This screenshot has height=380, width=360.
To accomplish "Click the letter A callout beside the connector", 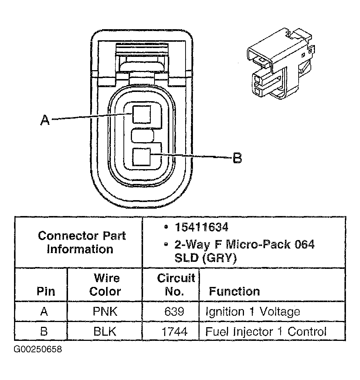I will pos(45,120).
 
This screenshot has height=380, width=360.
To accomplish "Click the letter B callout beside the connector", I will pos(237,158).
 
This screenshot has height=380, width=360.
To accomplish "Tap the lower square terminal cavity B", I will pos(142,157).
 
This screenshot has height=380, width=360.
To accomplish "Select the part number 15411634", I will pos(201,227).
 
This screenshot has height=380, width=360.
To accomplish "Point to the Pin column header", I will pos(45,291).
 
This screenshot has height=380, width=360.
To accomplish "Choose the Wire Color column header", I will pos(105,285).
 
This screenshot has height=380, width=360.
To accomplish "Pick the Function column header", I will pos(234,291).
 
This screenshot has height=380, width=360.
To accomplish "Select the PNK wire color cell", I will pos(105,312).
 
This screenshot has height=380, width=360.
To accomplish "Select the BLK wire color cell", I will pos(105,331).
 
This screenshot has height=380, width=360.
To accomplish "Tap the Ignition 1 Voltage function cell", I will pos(253,312).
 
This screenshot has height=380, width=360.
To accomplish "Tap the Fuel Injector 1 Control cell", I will pos(266,331).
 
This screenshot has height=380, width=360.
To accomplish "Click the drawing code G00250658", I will pos(38,349).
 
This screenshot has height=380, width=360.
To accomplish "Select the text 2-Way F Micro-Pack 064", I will pos(244,244).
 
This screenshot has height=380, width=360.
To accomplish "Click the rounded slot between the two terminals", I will pos(143,136).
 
